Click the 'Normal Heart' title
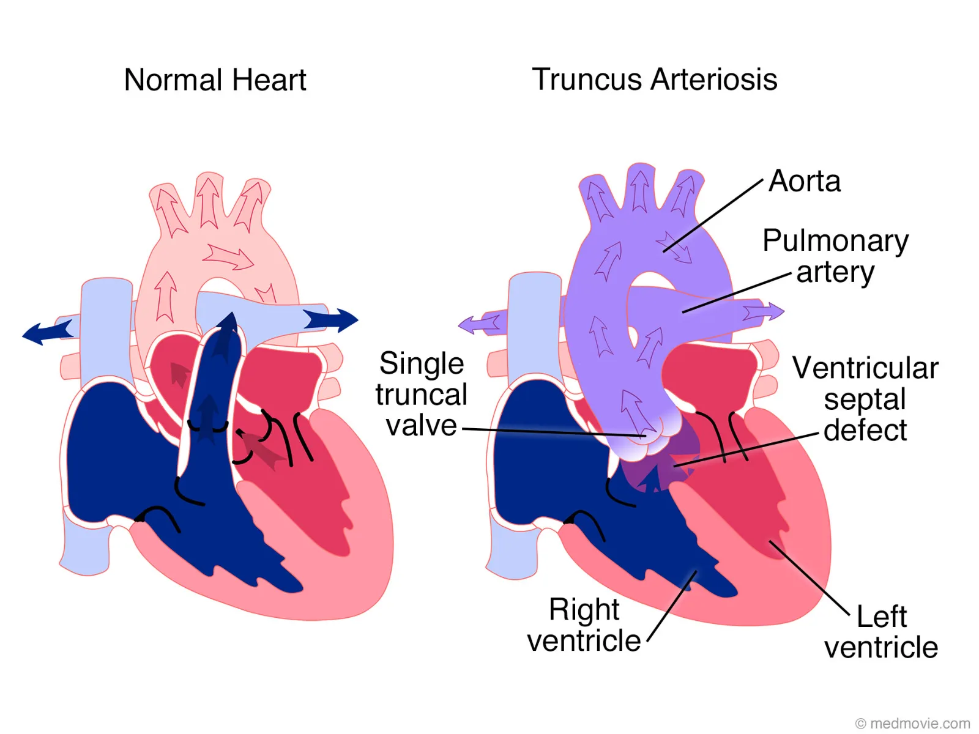click(x=215, y=80)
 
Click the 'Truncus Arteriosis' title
click(x=654, y=80)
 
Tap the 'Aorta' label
click(x=804, y=181)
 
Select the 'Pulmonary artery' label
click(x=835, y=256)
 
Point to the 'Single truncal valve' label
click(x=422, y=394)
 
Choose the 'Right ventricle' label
click(x=584, y=625)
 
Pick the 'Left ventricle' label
click(x=881, y=631)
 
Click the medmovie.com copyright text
click(x=912, y=723)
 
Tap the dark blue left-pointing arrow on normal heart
click(x=48, y=332)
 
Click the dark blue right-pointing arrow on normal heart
click(x=330, y=319)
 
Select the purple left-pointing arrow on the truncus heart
click(x=480, y=324)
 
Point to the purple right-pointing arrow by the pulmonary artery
click(x=763, y=311)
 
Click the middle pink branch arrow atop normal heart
click(x=209, y=203)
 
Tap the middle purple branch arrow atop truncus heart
click(x=639, y=191)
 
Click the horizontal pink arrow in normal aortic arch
click(x=228, y=257)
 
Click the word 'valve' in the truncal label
click(x=422, y=426)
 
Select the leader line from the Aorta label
click(x=713, y=216)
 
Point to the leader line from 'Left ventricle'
click(x=809, y=579)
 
